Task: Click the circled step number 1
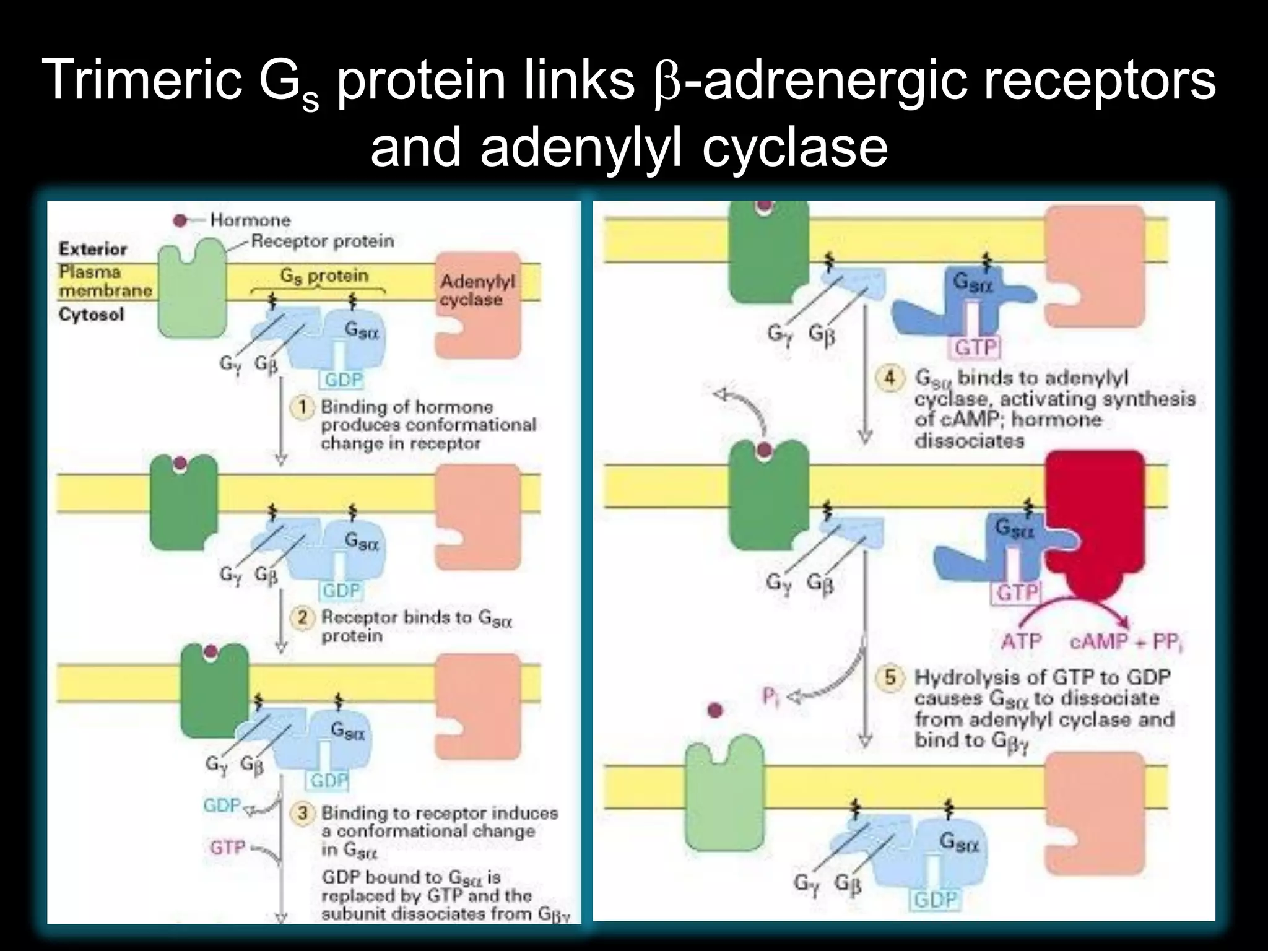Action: (x=303, y=407)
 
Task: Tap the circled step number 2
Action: (x=303, y=617)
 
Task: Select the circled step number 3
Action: (x=303, y=812)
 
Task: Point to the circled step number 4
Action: (x=890, y=377)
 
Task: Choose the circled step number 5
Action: (x=890, y=677)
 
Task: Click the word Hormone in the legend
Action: (x=250, y=220)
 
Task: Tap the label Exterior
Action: (x=93, y=249)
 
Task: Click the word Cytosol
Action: (x=91, y=315)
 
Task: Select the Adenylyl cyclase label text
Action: (x=477, y=290)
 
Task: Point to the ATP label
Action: (x=1022, y=641)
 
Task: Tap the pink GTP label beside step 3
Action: (x=227, y=847)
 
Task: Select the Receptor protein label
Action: (x=323, y=241)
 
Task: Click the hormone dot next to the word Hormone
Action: (x=180, y=220)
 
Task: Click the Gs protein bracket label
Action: (x=324, y=276)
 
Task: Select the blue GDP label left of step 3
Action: (x=222, y=805)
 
